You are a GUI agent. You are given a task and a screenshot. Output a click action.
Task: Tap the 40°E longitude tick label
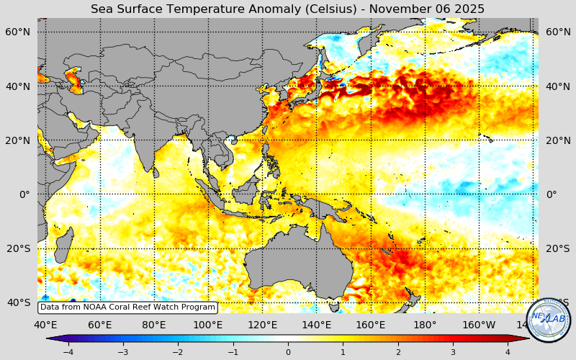[46, 325]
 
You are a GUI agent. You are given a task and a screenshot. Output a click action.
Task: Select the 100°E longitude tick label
[208, 325]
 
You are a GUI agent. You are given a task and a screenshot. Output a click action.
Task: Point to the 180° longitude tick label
[425, 325]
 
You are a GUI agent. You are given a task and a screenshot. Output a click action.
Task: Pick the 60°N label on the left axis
[18, 32]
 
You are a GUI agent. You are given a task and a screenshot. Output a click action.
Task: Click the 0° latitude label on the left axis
[24, 194]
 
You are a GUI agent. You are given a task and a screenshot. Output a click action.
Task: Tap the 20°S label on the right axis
[558, 248]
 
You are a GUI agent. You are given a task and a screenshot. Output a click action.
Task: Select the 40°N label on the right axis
[558, 86]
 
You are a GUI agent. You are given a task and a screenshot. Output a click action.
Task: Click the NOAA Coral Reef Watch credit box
[127, 307]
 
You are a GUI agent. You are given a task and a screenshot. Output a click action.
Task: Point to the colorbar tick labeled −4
[68, 352]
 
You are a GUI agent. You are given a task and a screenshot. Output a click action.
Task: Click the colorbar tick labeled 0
[288, 352]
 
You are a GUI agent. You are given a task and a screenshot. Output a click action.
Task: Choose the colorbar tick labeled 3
[453, 352]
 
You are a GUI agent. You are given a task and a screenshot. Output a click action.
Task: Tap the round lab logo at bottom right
[549, 320]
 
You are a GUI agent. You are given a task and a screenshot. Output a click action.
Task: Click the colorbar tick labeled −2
[178, 352]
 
